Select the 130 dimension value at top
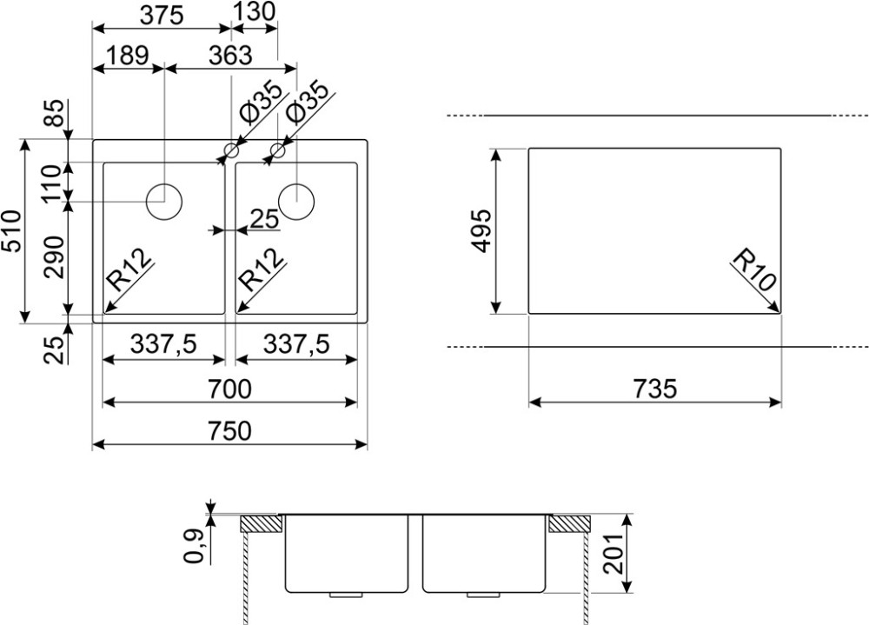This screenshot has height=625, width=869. tap(253, 11)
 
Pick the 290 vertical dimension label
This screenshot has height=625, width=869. tap(56, 257)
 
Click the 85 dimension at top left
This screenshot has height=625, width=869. tap(56, 114)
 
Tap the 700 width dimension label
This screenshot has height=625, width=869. tap(229, 389)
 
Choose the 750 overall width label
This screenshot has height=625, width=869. tap(229, 431)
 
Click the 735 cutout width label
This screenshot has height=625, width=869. tap(655, 389)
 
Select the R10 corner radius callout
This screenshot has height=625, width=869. tap(754, 269)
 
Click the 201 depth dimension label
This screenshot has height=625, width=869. tap(614, 554)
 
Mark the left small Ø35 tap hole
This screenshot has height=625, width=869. tap(230, 150)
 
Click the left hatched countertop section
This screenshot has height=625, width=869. tap(261, 523)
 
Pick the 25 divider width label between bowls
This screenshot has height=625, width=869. tap(265, 220)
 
